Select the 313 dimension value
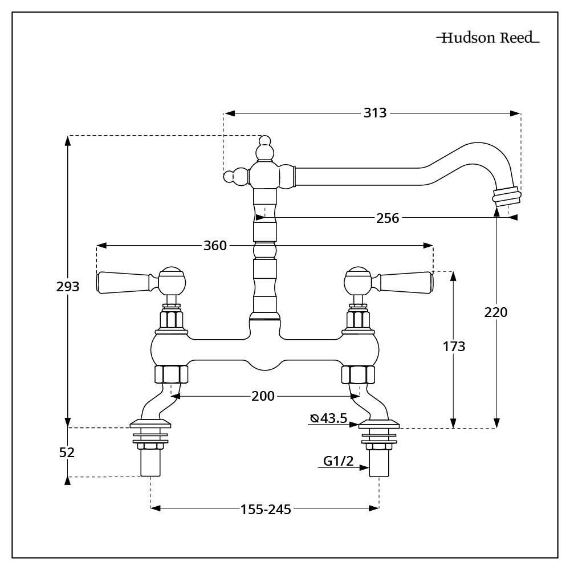pyautogui.click(x=375, y=113)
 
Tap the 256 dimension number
pyautogui.click(x=388, y=217)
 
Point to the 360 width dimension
pyautogui.click(x=215, y=246)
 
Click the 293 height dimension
pyautogui.click(x=68, y=286)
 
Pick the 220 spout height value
pyautogui.click(x=495, y=312)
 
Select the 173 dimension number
pyautogui.click(x=454, y=346)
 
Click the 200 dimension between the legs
pyautogui.click(x=263, y=396)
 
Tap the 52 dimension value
pyautogui.click(x=67, y=452)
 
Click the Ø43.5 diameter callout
pyautogui.click(x=329, y=418)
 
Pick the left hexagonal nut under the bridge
pyautogui.click(x=171, y=374)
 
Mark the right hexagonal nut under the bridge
pyautogui.click(x=358, y=374)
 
